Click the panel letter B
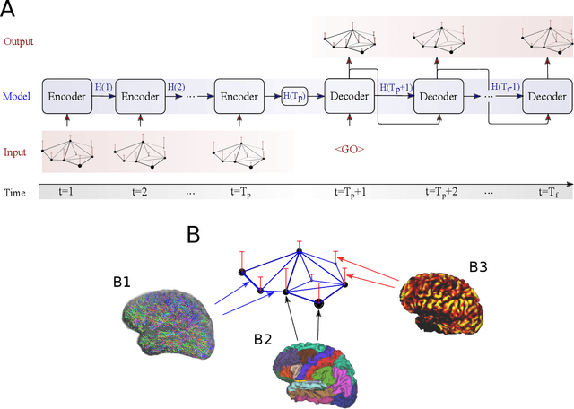point(192,235)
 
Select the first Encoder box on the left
point(66,96)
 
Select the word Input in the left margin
point(15,152)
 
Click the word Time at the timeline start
point(14,192)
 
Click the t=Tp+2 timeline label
point(446,192)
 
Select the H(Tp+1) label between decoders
point(396,87)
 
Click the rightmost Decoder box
point(547,96)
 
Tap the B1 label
point(120,281)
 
